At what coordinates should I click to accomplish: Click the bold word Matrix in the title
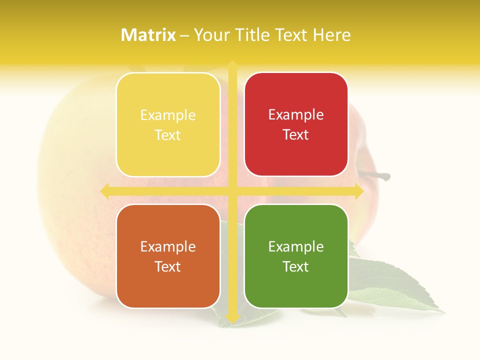148,35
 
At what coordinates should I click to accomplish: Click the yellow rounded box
168,124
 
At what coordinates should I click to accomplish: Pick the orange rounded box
168,256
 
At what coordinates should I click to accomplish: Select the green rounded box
296,256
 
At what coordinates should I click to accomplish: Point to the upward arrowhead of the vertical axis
232,64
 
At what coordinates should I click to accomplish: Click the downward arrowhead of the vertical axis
232,318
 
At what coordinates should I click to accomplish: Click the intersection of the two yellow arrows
232,191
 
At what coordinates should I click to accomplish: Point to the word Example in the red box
296,114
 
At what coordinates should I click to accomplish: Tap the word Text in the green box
296,266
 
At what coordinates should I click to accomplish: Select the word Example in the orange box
168,246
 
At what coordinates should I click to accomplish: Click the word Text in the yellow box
168,135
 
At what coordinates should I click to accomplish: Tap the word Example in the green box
296,246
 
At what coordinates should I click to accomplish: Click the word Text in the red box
296,134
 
